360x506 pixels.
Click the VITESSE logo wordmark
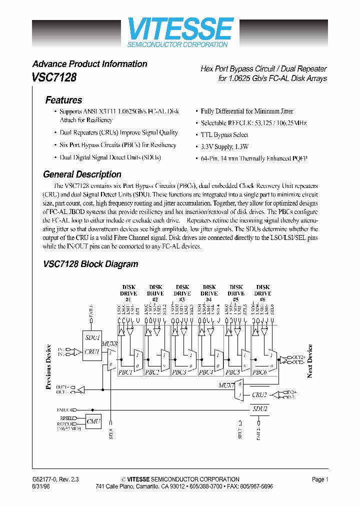180,29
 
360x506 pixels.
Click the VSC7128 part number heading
54,78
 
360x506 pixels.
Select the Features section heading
63,100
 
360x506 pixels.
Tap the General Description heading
82,174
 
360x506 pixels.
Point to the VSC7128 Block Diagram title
90,264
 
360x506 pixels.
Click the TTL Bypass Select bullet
224,135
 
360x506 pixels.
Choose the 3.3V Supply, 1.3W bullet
224,146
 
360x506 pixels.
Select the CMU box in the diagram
93,421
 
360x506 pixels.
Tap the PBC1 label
125,372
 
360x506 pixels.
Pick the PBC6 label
259,372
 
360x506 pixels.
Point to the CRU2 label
259,394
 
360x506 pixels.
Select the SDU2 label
259,409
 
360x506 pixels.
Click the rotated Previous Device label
48,366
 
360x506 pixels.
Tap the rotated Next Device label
310,361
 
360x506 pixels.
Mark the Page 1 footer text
320,479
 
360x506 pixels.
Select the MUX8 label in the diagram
109,345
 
